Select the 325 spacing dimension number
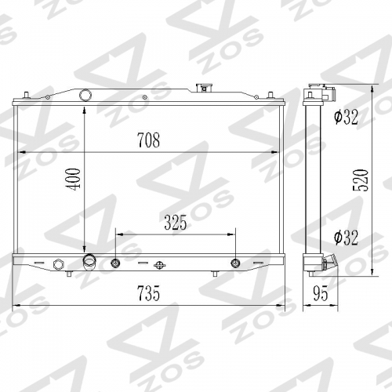coord(176,223)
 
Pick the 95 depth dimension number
coord(319,294)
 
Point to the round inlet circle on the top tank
coord(85,96)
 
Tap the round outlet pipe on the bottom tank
coord(89,261)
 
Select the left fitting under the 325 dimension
coord(116,263)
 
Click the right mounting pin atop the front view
coord(268,96)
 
